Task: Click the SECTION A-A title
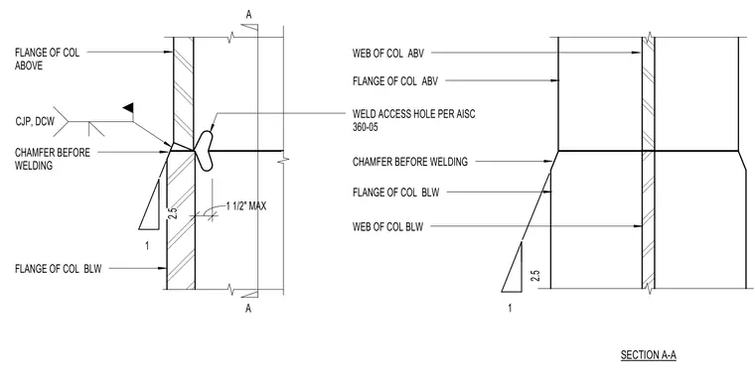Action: tap(648, 355)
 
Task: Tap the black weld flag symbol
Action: tap(128, 108)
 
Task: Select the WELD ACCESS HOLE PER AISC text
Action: tap(413, 114)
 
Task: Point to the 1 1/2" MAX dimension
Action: tap(246, 206)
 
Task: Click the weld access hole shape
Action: tap(205, 151)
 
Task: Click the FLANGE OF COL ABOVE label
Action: tap(48, 60)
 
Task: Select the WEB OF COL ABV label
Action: tap(388, 54)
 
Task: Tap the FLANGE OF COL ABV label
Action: tap(395, 81)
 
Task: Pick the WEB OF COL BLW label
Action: tap(387, 226)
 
